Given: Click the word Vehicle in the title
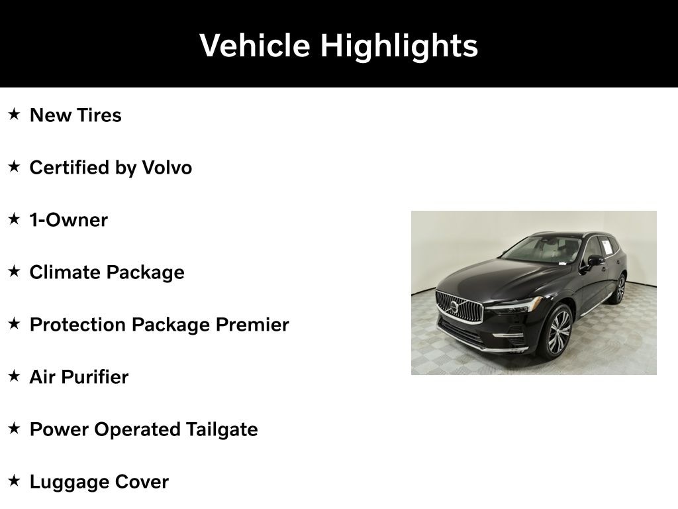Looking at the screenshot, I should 254,45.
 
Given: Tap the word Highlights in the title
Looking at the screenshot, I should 399,46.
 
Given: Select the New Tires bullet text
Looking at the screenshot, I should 75,115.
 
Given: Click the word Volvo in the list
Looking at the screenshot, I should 167,168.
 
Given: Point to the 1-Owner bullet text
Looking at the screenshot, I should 68,220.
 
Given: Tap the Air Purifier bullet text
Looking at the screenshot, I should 79,377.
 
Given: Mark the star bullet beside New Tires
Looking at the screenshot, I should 14,114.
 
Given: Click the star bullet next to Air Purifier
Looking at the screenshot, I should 14,376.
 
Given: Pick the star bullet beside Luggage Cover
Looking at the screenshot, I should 14,481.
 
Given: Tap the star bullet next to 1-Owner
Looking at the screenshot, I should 14,219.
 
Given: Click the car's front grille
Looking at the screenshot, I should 459,307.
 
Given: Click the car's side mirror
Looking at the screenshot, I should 595,260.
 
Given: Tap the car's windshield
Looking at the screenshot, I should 543,249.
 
